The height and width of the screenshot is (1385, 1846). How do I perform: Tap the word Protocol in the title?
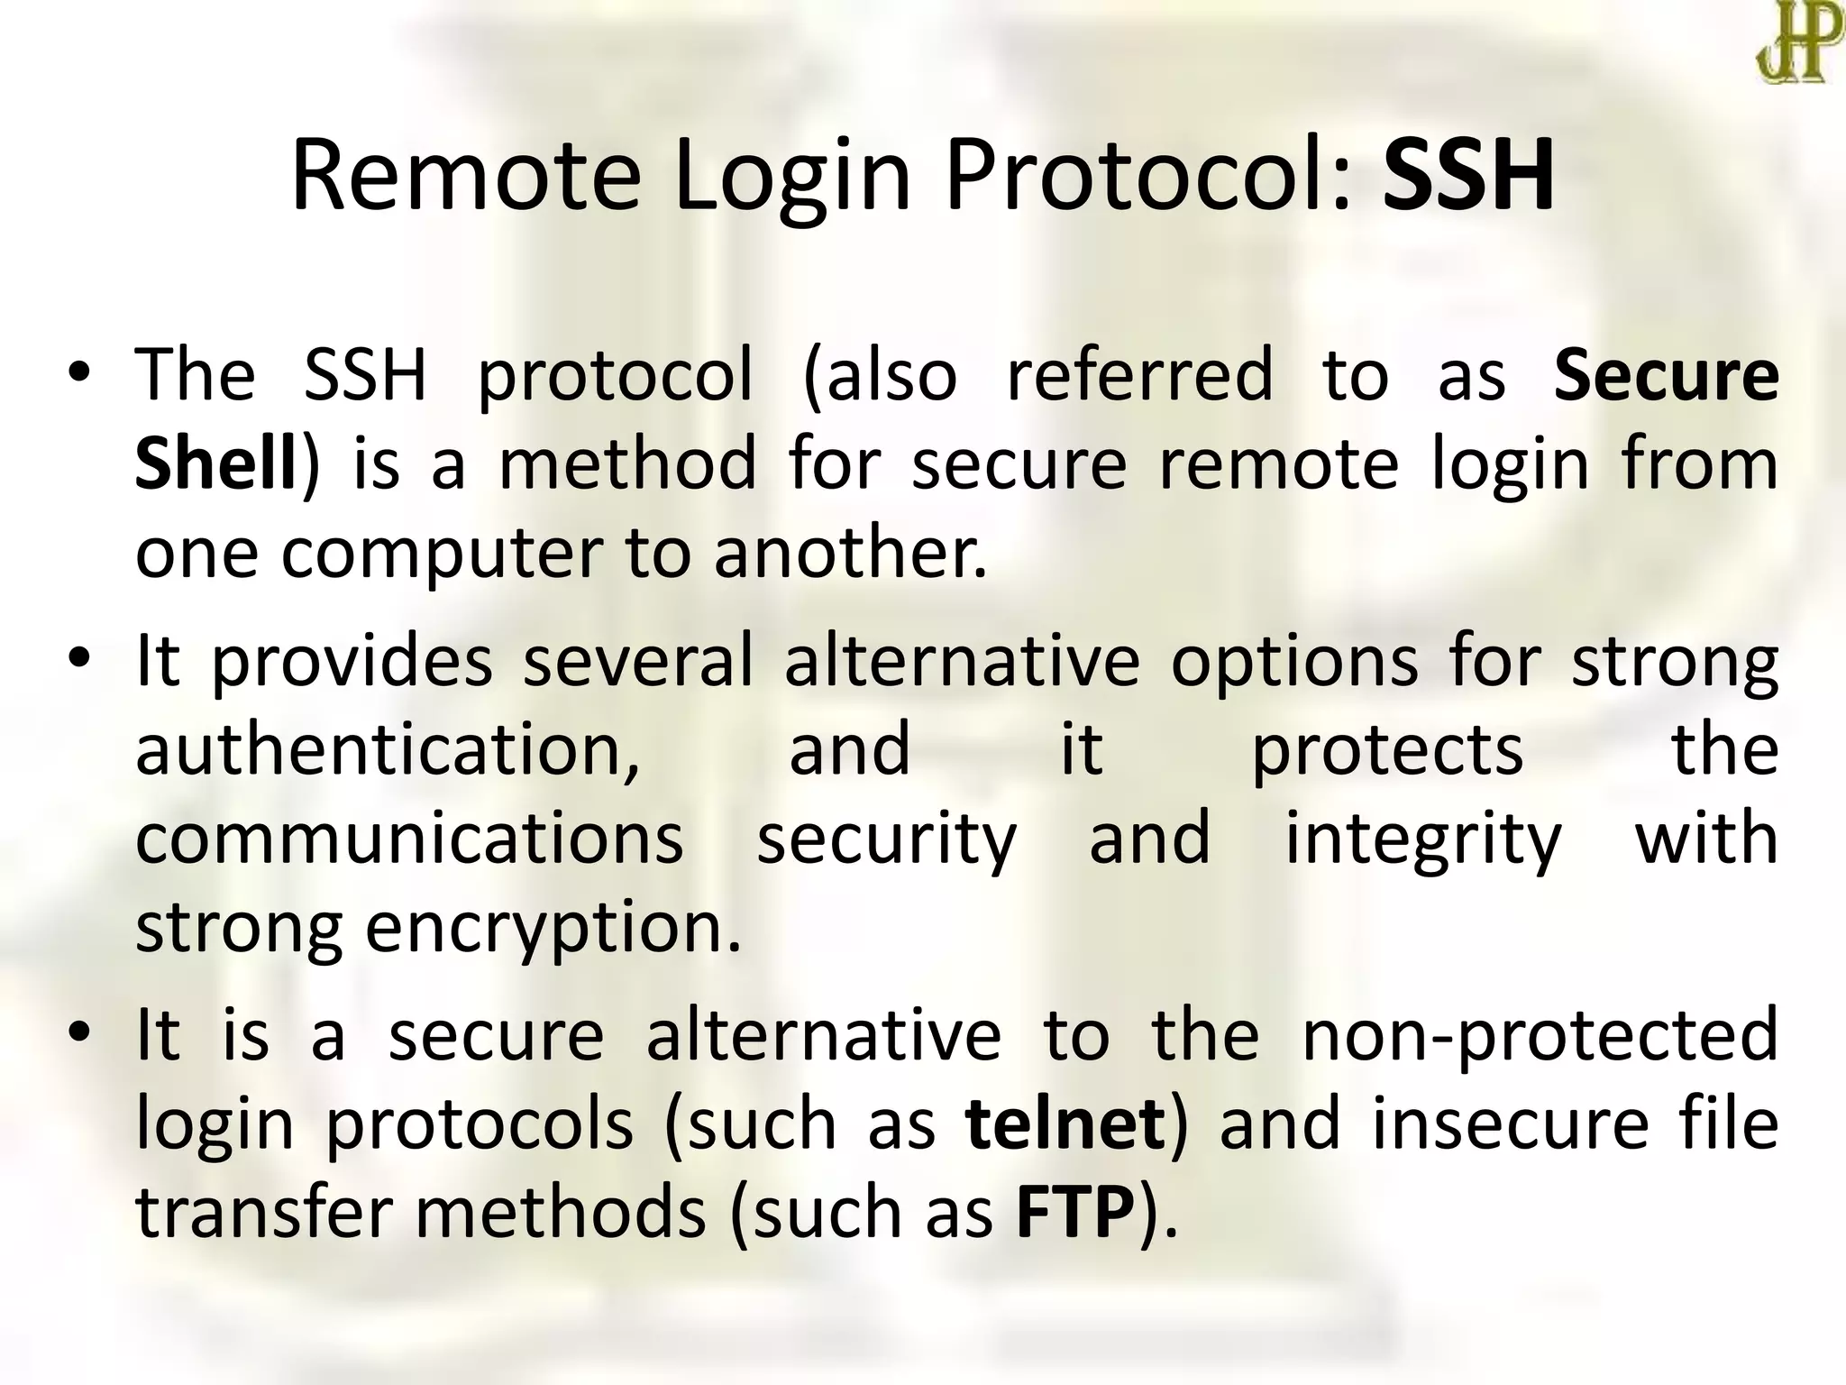[1148, 177]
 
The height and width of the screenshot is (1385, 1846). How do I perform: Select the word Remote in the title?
[465, 177]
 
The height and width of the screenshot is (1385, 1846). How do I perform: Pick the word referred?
[1139, 375]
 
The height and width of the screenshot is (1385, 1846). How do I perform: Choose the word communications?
[409, 839]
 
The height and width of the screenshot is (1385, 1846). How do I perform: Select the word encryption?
[553, 929]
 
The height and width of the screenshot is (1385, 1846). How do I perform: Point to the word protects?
[1387, 750]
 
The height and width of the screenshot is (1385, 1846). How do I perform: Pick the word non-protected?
[1540, 1035]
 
